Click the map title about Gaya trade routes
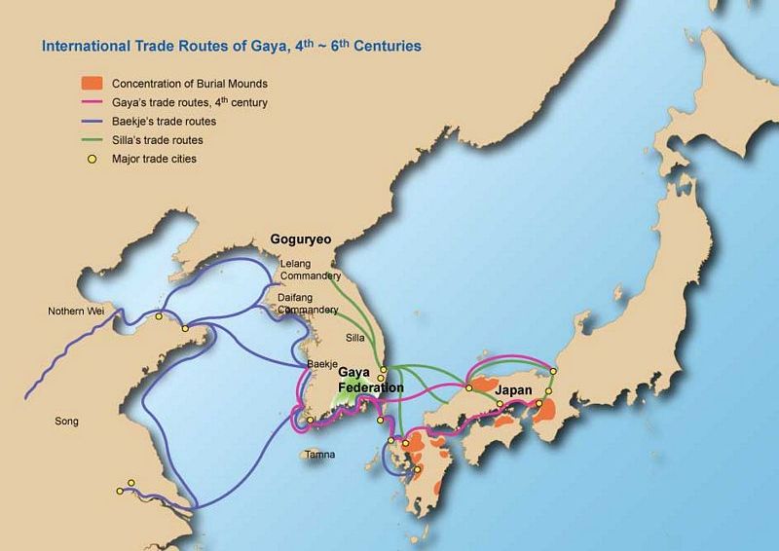coord(230,46)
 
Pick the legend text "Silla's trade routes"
coord(157,140)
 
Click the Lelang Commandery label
coord(294,270)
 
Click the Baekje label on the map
coord(321,363)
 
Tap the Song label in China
coord(66,422)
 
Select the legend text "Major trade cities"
coord(154,159)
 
